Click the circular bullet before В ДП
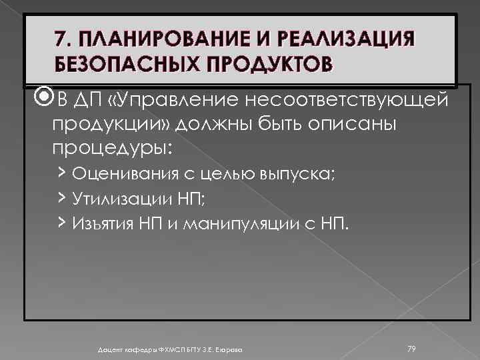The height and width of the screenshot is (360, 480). (45, 99)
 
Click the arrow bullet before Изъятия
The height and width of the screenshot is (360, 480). (62, 221)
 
